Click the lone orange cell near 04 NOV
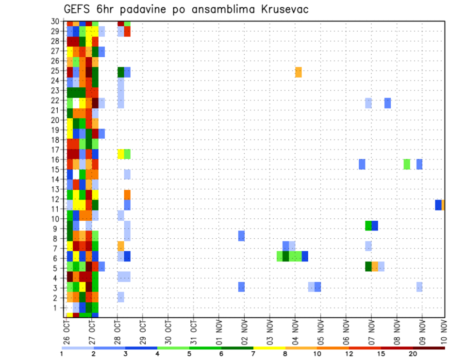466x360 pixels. click(x=298, y=72)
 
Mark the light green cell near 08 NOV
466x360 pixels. click(x=407, y=164)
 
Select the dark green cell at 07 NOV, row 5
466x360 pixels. click(x=368, y=266)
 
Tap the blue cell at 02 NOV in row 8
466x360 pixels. click(x=241, y=236)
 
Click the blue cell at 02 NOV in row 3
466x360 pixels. click(x=241, y=287)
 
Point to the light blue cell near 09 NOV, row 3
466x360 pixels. click(x=419, y=287)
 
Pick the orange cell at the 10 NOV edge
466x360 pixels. click(x=443, y=205)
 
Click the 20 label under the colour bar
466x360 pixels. click(x=413, y=354)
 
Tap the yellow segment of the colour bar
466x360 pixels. click(x=269, y=348)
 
